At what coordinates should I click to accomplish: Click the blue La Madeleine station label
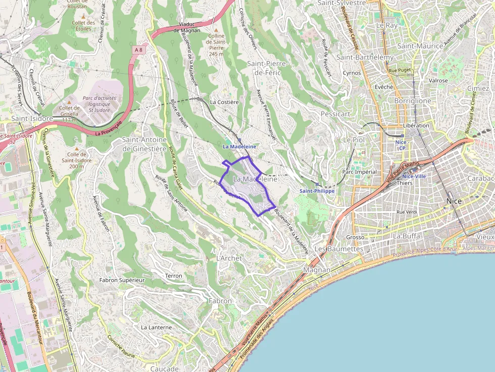click(239, 146)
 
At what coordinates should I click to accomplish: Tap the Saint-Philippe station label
click(317, 191)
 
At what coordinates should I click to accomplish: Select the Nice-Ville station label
click(414, 176)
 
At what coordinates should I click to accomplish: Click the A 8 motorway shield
click(138, 49)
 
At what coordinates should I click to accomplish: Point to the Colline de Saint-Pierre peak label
click(216, 45)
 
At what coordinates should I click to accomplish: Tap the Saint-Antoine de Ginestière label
click(144, 144)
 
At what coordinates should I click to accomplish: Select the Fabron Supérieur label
click(122, 280)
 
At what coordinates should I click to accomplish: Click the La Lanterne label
click(156, 327)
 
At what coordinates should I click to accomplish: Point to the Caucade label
click(165, 368)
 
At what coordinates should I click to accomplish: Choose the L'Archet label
click(229, 258)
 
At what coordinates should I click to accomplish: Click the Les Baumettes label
click(338, 249)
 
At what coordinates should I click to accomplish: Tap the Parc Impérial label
click(360, 172)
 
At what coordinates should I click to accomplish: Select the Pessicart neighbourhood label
click(335, 114)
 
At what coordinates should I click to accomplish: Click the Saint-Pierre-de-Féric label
click(267, 68)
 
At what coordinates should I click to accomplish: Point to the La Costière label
click(224, 102)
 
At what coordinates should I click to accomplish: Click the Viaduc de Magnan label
click(187, 27)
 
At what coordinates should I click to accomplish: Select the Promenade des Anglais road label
click(260, 338)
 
